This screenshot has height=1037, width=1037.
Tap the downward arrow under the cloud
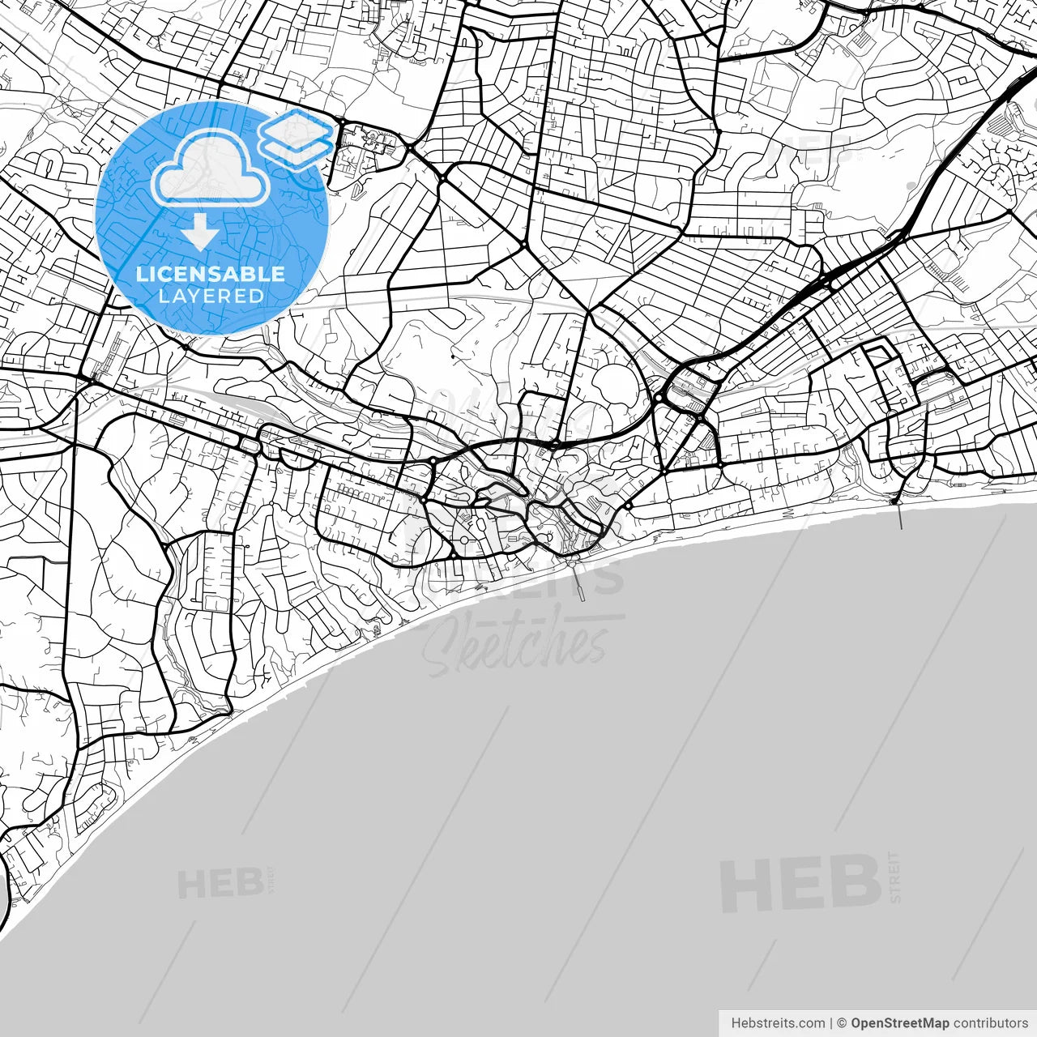pyautogui.click(x=200, y=233)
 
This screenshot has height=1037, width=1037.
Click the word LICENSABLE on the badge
pyautogui.click(x=211, y=274)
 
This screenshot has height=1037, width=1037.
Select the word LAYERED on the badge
pyautogui.click(x=211, y=296)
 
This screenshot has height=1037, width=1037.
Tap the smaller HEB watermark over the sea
pyautogui.click(x=220, y=883)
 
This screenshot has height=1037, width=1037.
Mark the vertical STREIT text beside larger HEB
pyautogui.click(x=894, y=877)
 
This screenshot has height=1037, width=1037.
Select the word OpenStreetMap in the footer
pyautogui.click(x=899, y=1023)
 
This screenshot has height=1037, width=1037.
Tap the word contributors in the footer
pyautogui.click(x=990, y=1023)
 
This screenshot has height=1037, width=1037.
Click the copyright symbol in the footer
pyautogui.click(x=842, y=1023)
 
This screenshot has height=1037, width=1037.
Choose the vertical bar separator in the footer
pyautogui.click(x=831, y=1023)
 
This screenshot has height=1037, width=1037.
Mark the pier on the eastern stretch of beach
pyautogui.click(x=899, y=515)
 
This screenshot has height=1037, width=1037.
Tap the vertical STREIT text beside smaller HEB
pyautogui.click(x=271, y=879)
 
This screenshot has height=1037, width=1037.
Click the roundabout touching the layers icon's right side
pyautogui.click(x=343, y=122)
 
